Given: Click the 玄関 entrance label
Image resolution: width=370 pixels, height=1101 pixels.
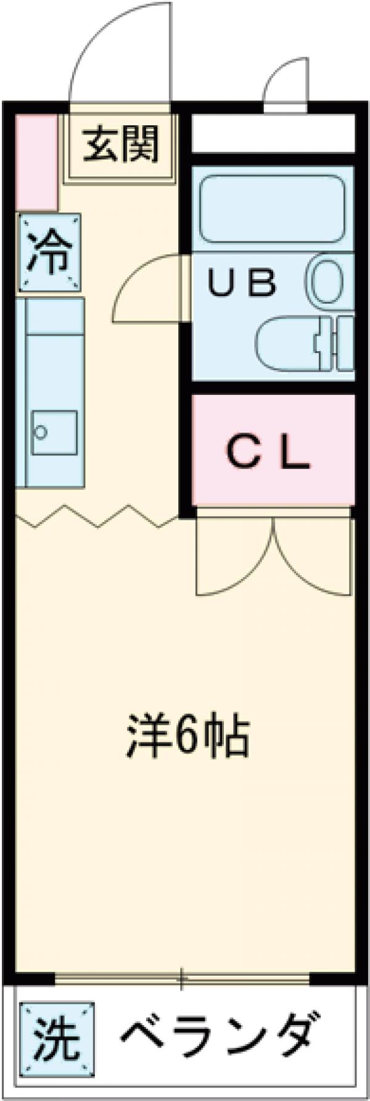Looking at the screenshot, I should [x=121, y=144].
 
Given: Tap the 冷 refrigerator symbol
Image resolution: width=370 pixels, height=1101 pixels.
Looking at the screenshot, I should [x=50, y=252].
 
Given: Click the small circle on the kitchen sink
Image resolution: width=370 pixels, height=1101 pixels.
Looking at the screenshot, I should [x=41, y=431].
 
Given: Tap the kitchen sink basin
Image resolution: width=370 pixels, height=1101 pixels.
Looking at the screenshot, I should [x=54, y=432].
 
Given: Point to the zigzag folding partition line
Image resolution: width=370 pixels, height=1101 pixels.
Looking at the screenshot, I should [x=99, y=516].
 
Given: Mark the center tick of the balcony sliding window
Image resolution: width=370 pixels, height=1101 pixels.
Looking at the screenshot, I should [x=181, y=979].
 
